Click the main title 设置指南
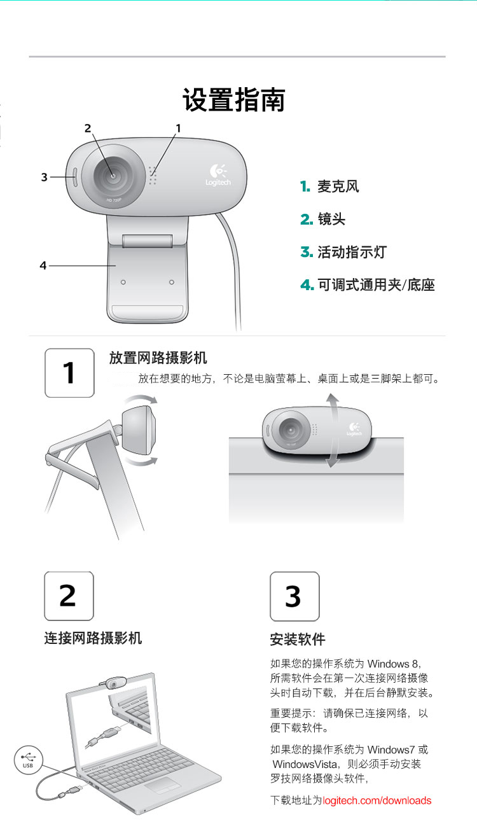233,99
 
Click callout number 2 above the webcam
88,129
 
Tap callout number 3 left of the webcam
45,177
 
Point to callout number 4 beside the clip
43,265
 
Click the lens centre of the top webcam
113,175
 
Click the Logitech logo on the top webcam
218,175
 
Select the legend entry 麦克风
338,186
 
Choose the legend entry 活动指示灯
352,252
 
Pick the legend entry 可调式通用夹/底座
376,285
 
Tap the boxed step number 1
69,373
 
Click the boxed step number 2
69,596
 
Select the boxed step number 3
294,596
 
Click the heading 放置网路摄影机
158,358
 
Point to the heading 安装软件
298,639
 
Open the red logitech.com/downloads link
377,800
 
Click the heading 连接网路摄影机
93,638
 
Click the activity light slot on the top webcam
74,177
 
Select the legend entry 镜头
331,219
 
